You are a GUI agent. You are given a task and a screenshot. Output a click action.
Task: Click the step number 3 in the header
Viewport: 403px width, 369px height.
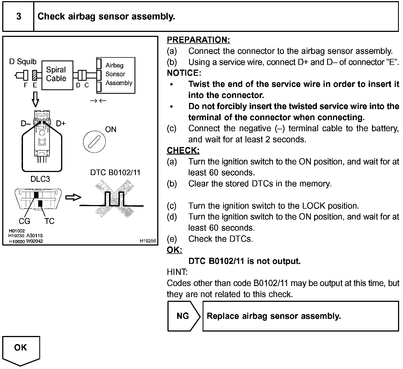click(x=19, y=16)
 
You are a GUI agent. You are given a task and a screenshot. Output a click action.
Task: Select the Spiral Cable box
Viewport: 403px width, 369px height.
click(x=57, y=75)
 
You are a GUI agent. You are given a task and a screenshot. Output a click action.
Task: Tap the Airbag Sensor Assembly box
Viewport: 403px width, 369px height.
click(x=116, y=75)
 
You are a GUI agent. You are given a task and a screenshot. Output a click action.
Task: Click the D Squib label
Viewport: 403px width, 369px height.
click(x=23, y=62)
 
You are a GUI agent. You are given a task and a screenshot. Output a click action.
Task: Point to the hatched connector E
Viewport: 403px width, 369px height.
click(x=35, y=75)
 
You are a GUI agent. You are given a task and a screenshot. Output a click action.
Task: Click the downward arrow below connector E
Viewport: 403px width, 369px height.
click(x=35, y=99)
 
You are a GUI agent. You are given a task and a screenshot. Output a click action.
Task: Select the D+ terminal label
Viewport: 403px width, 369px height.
click(x=61, y=123)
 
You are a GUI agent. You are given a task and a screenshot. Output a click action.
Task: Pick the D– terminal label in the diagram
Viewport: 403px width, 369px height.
click(x=26, y=123)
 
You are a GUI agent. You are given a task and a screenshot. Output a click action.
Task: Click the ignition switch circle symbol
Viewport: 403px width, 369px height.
click(x=94, y=142)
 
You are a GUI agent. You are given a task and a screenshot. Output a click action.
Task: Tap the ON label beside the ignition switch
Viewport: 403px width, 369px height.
click(x=111, y=129)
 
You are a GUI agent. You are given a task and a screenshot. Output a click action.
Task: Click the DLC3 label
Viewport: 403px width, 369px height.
click(x=40, y=179)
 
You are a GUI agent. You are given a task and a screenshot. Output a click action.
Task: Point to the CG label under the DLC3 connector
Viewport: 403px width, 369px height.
click(x=24, y=221)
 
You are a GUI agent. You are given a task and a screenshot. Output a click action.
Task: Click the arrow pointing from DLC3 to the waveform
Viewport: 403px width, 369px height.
click(x=73, y=198)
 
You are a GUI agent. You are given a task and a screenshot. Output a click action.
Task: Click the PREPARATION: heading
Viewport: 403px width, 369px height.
click(x=198, y=40)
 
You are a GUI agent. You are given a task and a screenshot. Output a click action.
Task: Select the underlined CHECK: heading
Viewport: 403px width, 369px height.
click(x=183, y=150)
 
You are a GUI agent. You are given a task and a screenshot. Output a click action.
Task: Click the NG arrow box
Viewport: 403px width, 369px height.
click(x=183, y=316)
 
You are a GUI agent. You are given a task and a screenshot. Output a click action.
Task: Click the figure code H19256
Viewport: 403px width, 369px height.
click(x=148, y=241)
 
